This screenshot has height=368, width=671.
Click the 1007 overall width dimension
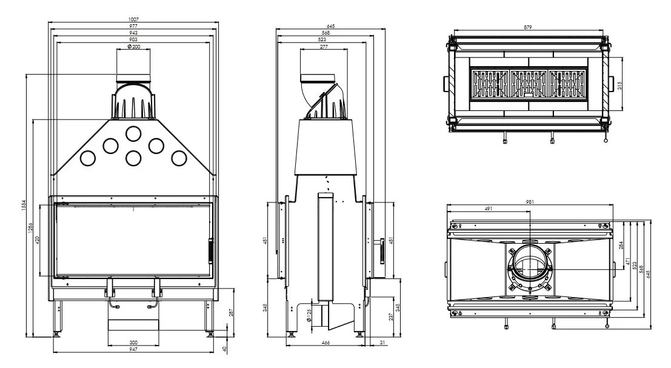coord(133,20)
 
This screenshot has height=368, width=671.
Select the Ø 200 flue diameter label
coord(133,47)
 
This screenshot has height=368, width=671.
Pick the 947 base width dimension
coord(133,349)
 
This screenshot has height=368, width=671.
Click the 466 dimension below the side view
coord(325,343)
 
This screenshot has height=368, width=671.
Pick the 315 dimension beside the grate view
coord(619,84)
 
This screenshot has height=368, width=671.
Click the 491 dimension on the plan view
coord(489,209)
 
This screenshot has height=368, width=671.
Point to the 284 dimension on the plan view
coord(619,246)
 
